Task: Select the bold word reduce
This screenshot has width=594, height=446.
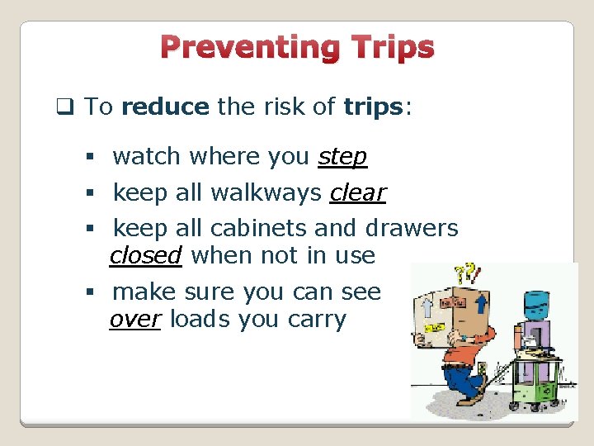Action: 165,107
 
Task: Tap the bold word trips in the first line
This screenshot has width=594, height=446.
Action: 372,107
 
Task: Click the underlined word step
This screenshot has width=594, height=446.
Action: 342,156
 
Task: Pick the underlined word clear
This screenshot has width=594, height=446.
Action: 357,192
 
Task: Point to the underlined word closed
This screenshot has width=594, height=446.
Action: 146,255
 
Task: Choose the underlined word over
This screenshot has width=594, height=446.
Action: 135,320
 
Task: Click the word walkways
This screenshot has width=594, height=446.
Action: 266,192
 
